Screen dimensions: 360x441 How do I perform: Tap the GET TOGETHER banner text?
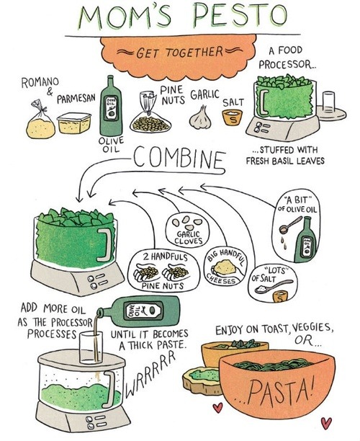click(x=179, y=53)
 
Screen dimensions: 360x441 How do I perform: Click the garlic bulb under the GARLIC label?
click(x=200, y=117)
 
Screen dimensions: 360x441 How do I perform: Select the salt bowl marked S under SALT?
click(x=233, y=117)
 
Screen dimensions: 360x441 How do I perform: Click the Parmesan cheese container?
click(x=74, y=122)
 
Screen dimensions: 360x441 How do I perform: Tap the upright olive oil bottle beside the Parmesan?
click(x=112, y=107)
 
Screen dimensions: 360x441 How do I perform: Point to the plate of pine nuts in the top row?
click(x=150, y=122)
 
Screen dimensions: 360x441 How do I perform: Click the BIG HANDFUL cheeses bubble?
click(x=225, y=267)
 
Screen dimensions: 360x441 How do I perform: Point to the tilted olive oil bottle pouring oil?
click(x=138, y=311)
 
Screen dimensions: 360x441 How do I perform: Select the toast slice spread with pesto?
click(x=201, y=380)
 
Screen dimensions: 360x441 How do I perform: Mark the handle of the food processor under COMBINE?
click(x=105, y=244)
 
